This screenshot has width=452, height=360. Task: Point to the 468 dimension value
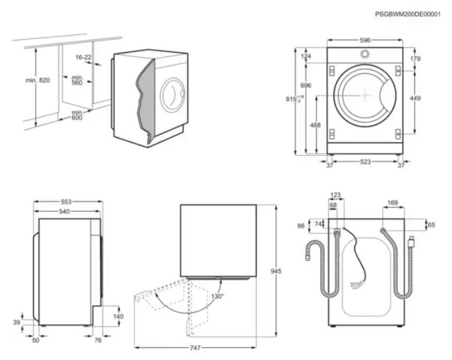click(x=315, y=126)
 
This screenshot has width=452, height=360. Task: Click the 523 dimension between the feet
click(x=364, y=162)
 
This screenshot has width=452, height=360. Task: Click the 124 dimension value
click(x=306, y=56)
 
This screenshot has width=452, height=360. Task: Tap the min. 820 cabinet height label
click(x=37, y=81)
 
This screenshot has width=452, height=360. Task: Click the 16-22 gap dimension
click(x=84, y=57)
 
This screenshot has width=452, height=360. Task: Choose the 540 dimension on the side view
click(x=66, y=212)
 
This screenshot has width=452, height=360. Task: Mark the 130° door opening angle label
click(x=217, y=296)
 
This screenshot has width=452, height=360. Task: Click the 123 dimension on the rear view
click(x=335, y=195)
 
